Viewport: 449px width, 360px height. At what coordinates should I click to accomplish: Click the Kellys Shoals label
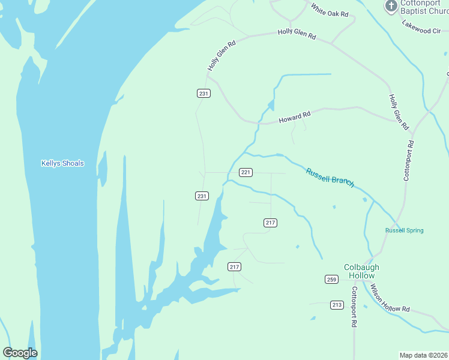click(x=62, y=163)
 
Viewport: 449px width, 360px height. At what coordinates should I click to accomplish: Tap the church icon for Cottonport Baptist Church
click(x=391, y=7)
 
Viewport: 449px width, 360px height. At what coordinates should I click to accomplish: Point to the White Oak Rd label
click(x=330, y=10)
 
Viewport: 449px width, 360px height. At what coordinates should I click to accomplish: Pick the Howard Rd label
click(x=295, y=118)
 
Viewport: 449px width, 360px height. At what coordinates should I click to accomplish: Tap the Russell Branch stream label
click(x=330, y=178)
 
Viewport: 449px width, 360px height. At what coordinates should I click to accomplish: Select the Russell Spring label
click(x=404, y=230)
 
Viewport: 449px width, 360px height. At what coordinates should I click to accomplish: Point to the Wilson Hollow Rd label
click(x=390, y=298)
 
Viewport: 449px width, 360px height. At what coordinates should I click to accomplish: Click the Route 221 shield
click(x=245, y=173)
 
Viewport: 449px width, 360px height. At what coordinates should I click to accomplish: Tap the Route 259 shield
click(x=332, y=279)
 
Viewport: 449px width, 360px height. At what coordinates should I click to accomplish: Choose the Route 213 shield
click(x=337, y=305)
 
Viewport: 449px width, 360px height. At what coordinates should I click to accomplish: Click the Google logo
click(x=20, y=353)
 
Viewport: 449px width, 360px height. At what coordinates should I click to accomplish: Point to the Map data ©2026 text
click(x=423, y=355)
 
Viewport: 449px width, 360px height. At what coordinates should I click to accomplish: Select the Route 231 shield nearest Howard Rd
click(x=203, y=93)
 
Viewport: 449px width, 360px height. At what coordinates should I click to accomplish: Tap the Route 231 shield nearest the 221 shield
click(x=202, y=196)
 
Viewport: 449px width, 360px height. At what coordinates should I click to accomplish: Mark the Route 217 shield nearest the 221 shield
click(x=270, y=223)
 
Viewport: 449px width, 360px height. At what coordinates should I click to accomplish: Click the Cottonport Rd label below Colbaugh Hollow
click(x=354, y=307)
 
